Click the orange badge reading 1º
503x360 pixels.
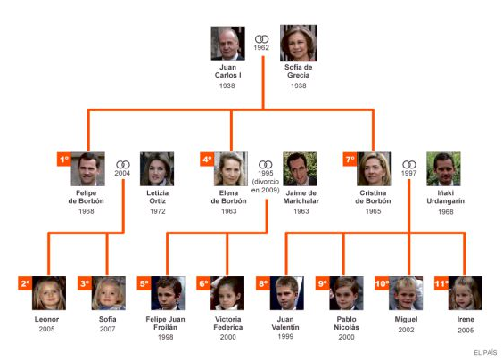64,159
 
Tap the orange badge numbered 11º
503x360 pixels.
441,283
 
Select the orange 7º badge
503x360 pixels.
350,159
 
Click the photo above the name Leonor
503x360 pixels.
49,293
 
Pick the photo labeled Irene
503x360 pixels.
466,293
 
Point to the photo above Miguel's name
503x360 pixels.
406,293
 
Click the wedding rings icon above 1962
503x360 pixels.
262,39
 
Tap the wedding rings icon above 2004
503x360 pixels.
123,165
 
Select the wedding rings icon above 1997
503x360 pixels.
409,165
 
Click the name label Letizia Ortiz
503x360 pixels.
158,197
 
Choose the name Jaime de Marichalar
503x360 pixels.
301,197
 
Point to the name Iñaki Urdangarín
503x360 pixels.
446,197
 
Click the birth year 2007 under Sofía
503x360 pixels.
107,329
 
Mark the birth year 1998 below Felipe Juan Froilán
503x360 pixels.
166,337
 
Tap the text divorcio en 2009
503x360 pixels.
266,186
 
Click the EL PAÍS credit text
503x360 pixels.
485,352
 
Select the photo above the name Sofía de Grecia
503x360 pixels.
299,43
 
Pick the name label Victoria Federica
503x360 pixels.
228,323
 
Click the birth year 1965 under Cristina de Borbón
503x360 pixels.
374,211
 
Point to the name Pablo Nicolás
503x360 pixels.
346,323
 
